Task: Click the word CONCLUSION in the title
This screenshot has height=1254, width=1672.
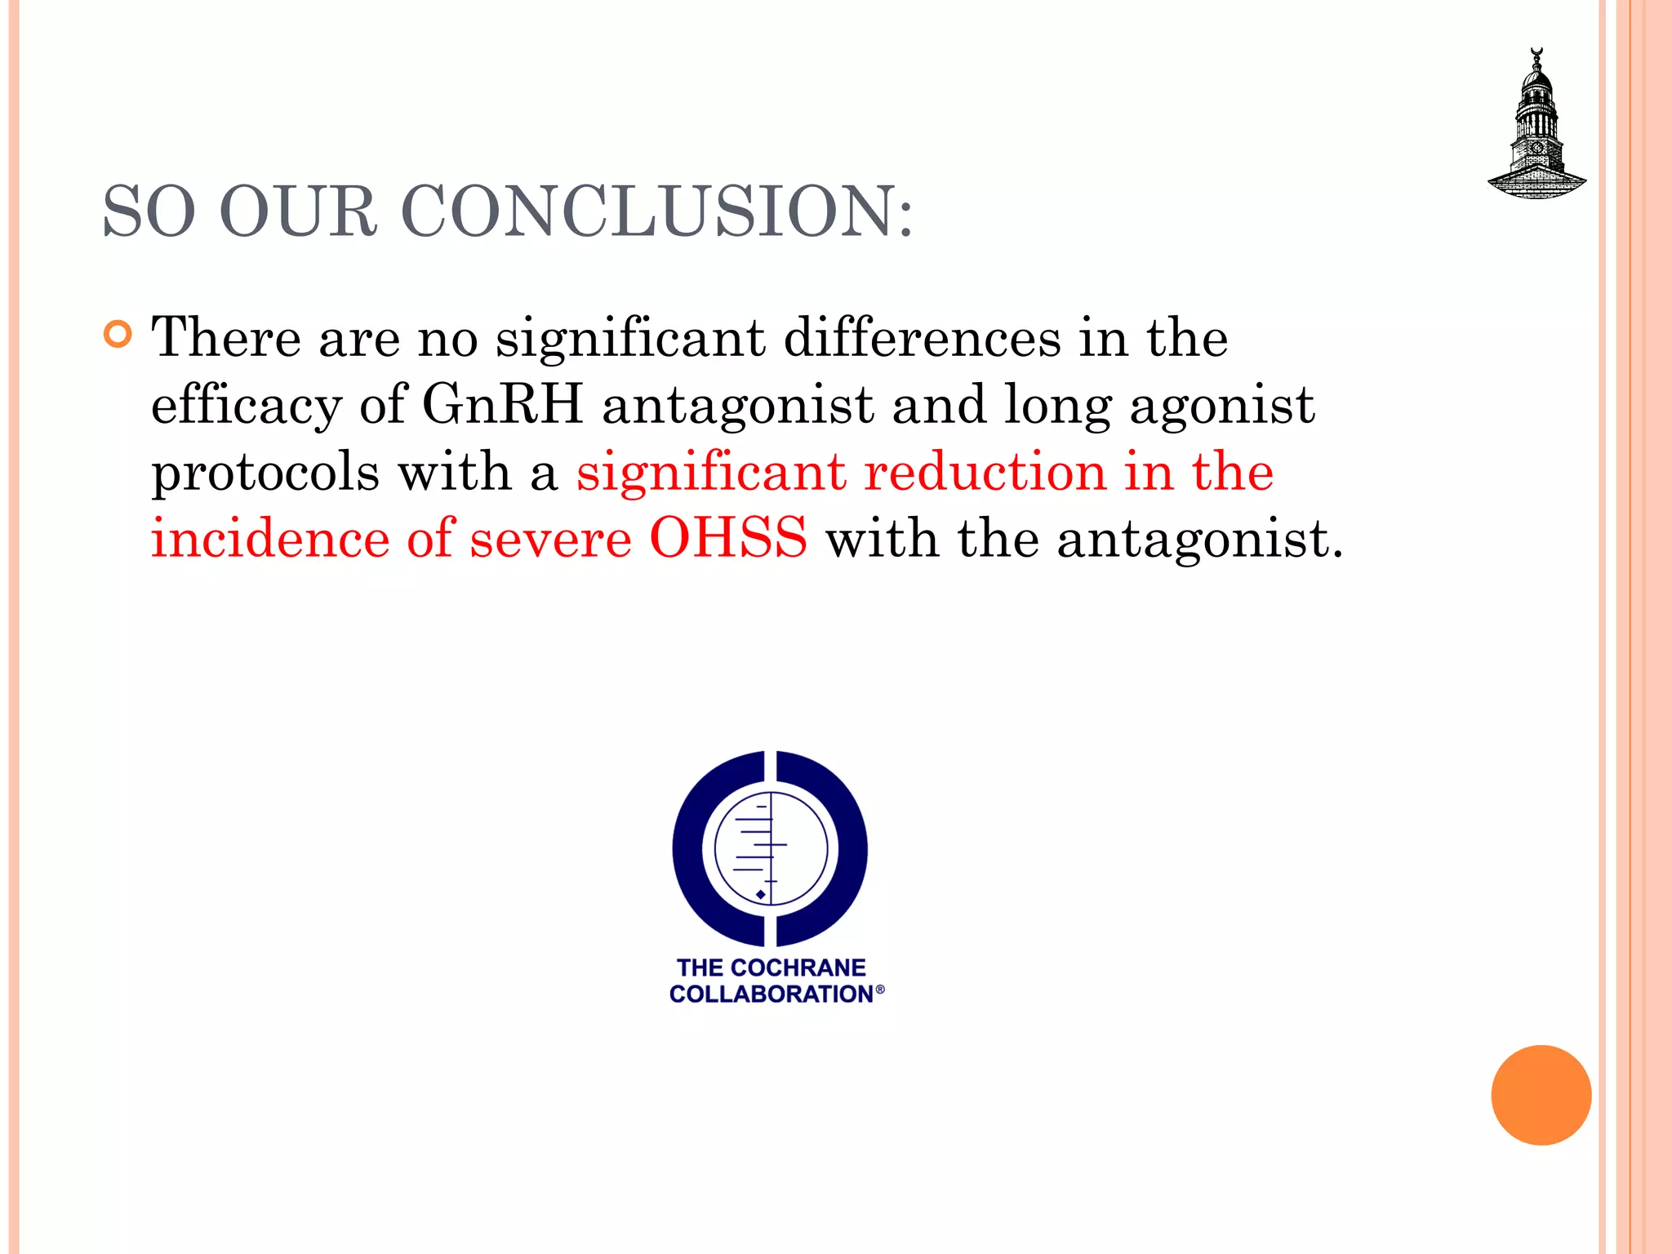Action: click(x=656, y=211)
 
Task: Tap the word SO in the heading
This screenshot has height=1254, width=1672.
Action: click(x=149, y=211)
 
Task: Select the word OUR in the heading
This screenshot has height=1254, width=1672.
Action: click(x=298, y=211)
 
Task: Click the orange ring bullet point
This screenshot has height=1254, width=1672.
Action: click(x=118, y=335)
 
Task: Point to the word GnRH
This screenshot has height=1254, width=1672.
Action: click(x=502, y=404)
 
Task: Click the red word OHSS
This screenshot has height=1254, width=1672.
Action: click(x=728, y=538)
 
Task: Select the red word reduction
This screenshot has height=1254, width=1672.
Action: click(x=985, y=471)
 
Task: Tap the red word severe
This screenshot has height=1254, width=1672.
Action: click(x=550, y=538)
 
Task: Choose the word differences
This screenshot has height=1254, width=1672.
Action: click(x=922, y=337)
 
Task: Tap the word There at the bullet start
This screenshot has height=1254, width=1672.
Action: click(x=226, y=337)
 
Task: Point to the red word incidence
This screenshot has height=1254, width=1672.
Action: click(x=270, y=538)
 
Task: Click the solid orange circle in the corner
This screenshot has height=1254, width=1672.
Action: click(x=1541, y=1095)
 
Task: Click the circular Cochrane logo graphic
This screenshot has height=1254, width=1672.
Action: click(x=770, y=849)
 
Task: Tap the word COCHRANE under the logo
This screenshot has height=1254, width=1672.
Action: click(x=798, y=967)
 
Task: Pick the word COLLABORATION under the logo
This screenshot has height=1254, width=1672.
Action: click(x=771, y=994)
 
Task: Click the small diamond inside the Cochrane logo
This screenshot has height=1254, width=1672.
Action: click(x=761, y=895)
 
